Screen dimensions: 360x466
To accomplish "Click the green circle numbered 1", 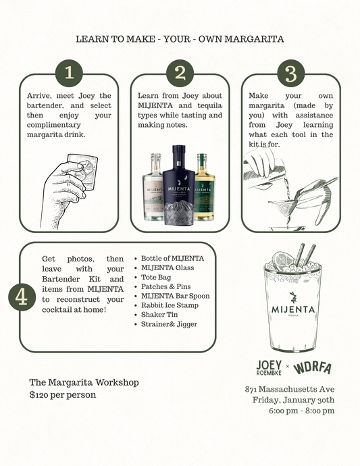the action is coord(69,73).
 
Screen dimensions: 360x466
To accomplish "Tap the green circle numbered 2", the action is coord(180,73).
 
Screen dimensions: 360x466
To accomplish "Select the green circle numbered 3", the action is coord(291,73).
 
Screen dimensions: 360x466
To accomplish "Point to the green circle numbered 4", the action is coord(22,297).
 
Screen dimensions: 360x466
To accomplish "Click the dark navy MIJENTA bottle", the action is coord(179,185).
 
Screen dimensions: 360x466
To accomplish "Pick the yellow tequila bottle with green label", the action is coord(204,187).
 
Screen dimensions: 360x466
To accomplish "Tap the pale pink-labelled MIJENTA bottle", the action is coord(153,187).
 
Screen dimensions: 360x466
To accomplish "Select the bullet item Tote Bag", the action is coord(156,278).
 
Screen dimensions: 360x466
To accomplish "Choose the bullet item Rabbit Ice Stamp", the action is coord(170,305).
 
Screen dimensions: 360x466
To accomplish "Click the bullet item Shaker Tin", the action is coord(159,315).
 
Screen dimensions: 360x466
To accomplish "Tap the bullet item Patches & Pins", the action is coord(166,286).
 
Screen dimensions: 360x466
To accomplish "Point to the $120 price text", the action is coord(63,394).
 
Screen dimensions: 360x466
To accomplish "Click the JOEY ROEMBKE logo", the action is coord(269,367).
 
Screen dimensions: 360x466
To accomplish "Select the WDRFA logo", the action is coord(312,368).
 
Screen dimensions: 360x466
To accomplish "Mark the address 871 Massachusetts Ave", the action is coord(290,389).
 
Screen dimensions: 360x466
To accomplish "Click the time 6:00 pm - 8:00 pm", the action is coord(301,411).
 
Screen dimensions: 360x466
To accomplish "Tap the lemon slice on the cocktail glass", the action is coord(283,260).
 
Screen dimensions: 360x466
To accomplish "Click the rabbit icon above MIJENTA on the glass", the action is coord(293,297).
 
